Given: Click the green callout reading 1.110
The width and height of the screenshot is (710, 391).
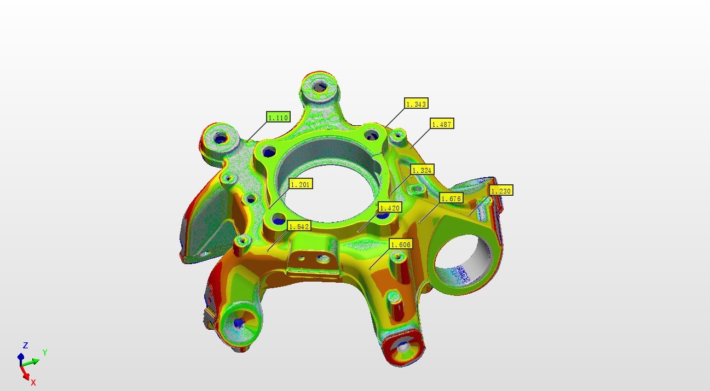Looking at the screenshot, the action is [278, 118].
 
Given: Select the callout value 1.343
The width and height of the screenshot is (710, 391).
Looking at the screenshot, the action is [416, 103].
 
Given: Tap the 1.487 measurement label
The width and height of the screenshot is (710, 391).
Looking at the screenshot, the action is [442, 124].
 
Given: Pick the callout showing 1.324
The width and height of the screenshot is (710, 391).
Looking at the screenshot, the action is [422, 170].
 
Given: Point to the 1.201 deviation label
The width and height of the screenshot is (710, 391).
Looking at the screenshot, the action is [301, 184].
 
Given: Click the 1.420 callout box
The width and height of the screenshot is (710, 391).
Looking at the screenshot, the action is [390, 208].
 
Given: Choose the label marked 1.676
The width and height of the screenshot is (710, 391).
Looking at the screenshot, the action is [452, 199].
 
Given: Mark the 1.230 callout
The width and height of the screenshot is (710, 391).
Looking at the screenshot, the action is [501, 191].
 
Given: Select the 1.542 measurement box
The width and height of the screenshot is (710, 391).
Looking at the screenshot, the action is [299, 226].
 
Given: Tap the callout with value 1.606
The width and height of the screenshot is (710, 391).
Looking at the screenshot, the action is [401, 244].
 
